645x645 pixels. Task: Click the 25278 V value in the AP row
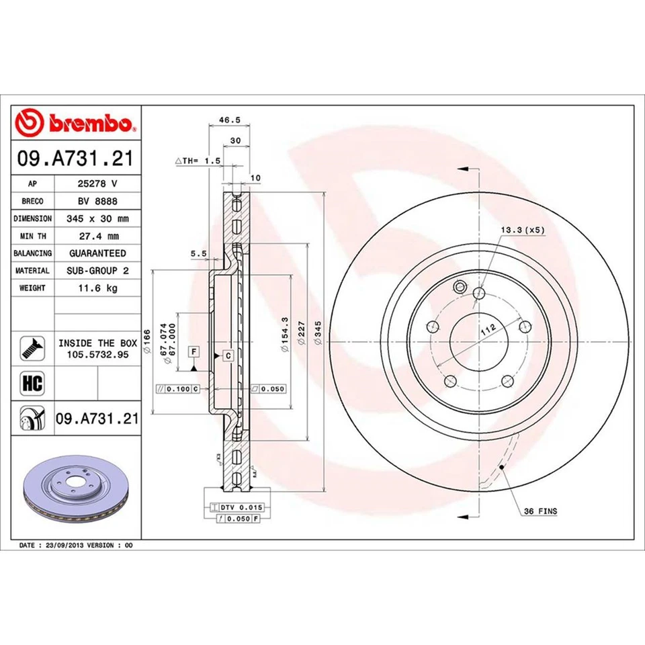click(97, 183)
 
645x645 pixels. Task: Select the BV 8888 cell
click(97, 201)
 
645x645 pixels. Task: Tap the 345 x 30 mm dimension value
click(97, 218)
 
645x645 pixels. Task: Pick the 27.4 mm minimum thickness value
click(97, 236)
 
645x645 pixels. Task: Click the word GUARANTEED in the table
click(97, 253)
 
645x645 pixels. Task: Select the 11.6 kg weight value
click(97, 288)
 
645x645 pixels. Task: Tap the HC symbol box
click(32, 384)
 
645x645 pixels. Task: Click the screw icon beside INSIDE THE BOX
click(32, 347)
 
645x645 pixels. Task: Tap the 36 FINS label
click(540, 511)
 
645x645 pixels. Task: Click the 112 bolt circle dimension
click(488, 328)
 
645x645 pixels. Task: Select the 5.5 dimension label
click(198, 253)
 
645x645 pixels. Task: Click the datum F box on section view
click(193, 351)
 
